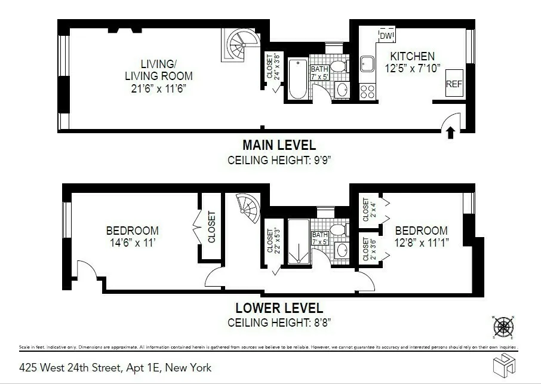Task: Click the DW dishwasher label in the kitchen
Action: click(386, 36)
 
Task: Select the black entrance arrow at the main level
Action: click(451, 133)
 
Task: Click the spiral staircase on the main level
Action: click(242, 45)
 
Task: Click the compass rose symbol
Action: click(503, 327)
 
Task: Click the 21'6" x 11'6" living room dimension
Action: click(159, 88)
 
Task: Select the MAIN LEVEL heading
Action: click(279, 145)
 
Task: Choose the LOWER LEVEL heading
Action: click(279, 309)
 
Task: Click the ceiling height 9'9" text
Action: click(279, 160)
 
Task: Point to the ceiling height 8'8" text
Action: click(279, 322)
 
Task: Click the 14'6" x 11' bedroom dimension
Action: click(132, 242)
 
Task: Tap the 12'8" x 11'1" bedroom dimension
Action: click(421, 242)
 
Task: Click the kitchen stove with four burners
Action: click(368, 91)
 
